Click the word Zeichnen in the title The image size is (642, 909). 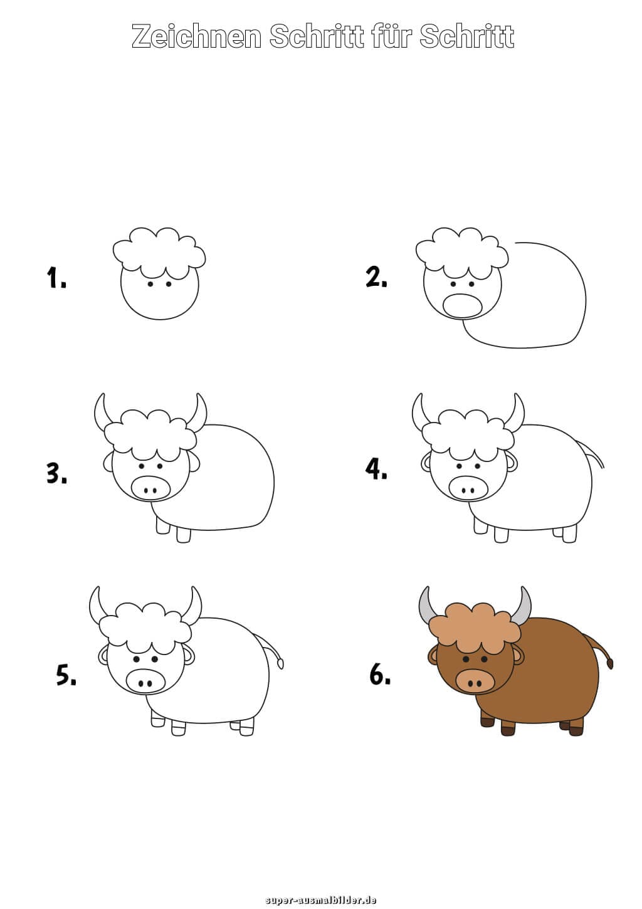click(x=196, y=36)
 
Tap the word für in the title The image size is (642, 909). click(x=392, y=36)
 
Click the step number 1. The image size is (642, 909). click(x=56, y=278)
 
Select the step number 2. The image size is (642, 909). click(x=376, y=277)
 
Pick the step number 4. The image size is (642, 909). click(x=376, y=469)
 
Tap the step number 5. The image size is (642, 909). click(x=66, y=676)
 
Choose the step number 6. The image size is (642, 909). click(x=380, y=675)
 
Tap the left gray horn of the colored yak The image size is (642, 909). click(x=427, y=607)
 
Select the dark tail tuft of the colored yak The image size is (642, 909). click(x=609, y=664)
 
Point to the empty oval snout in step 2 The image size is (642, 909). click(x=462, y=306)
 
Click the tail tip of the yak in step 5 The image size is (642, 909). click(x=280, y=664)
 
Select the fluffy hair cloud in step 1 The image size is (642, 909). click(x=159, y=253)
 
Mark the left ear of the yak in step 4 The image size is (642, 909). click(x=426, y=463)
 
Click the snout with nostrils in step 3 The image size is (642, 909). click(x=150, y=487)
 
